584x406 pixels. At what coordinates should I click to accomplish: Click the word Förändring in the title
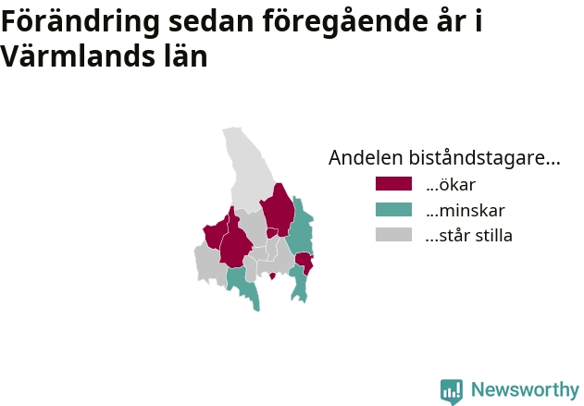tap(81, 22)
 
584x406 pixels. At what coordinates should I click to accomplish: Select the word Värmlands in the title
tap(77, 55)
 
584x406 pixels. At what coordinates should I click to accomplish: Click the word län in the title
tap(186, 55)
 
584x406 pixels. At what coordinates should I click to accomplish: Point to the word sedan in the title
tap(211, 21)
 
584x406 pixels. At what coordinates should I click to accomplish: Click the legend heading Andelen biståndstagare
tap(444, 157)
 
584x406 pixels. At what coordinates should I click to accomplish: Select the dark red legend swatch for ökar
tap(393, 184)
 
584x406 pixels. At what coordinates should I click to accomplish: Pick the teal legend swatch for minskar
tap(393, 210)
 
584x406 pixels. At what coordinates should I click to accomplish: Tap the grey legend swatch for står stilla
tap(393, 235)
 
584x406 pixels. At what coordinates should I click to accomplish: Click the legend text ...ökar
tap(451, 185)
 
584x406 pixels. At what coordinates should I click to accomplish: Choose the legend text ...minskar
tap(466, 210)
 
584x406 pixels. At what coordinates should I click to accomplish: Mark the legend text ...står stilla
tap(469, 236)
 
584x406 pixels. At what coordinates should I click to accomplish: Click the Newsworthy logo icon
tap(452, 391)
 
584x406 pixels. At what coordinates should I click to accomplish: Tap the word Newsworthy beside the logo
tap(525, 389)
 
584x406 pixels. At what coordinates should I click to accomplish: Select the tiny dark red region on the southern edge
tap(272, 276)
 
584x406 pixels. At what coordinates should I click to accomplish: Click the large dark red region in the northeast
tap(279, 210)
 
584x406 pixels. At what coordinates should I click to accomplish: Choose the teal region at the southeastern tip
tap(299, 283)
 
